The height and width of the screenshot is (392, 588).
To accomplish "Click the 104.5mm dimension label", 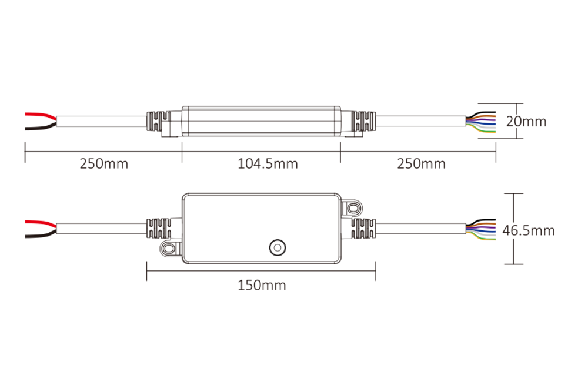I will coord(268,163).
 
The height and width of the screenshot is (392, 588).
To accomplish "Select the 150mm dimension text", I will coord(262,286).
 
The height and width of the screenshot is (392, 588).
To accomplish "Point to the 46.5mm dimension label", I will coord(528,230).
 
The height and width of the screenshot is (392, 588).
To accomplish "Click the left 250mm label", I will coord(104,163).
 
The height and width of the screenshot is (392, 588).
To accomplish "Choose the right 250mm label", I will coord(421,163).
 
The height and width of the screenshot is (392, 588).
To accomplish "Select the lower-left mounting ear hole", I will coord(169,249).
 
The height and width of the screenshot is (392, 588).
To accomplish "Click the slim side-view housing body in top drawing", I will coord(262,120).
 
